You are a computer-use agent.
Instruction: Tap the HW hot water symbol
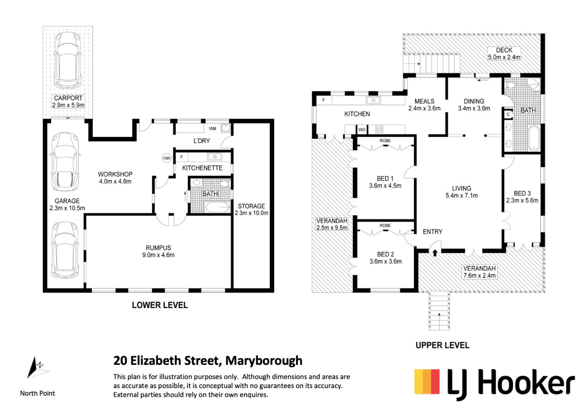pos(167,158)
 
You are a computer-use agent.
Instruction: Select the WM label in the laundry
pos(213,129)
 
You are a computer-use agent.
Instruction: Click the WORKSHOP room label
pos(115,174)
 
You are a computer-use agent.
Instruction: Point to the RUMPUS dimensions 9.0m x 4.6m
pos(158,255)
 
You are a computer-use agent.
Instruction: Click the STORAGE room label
pos(251,206)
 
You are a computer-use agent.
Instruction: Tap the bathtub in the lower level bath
pos(218,207)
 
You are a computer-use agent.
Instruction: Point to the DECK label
pos(504,50)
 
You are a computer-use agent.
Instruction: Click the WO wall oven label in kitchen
pos(362,130)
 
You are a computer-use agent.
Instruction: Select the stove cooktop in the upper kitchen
pos(379,129)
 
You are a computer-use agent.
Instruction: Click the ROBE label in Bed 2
pos(385,225)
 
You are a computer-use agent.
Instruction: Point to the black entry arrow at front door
pos(435,253)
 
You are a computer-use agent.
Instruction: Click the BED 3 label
pos(522,193)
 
